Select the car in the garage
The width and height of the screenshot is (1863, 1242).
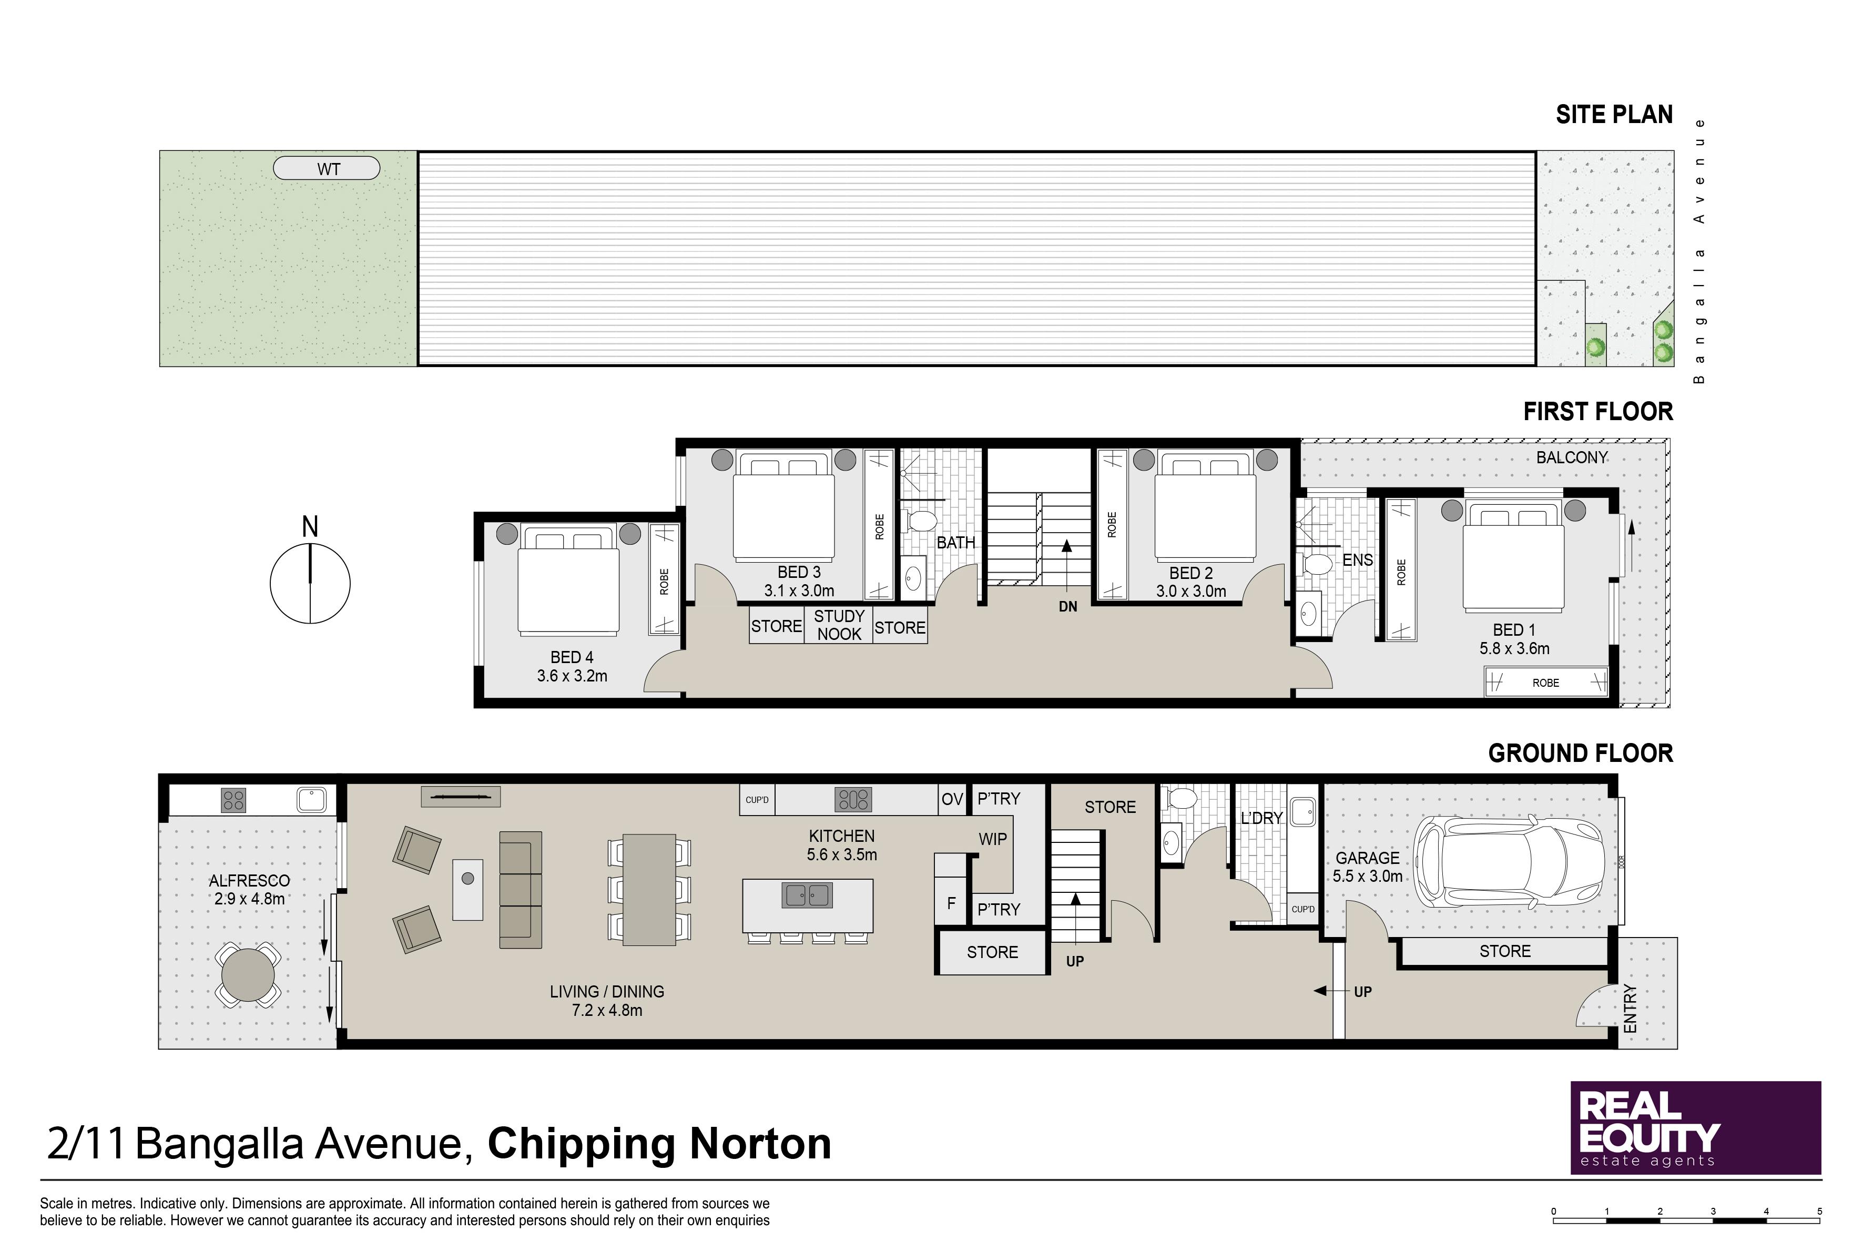tap(1509, 862)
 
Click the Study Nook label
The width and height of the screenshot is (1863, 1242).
tap(839, 625)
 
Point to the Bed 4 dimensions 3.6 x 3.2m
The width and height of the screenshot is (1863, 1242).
tap(572, 676)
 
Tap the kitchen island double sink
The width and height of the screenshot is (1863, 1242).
tap(807, 895)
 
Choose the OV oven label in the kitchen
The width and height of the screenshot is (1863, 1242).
tap(952, 799)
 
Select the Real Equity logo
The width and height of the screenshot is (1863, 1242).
tap(1696, 1128)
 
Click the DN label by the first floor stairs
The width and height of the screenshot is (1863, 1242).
tap(1068, 607)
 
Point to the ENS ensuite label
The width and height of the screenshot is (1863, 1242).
tap(1358, 560)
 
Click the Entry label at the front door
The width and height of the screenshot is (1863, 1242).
tap(1630, 1009)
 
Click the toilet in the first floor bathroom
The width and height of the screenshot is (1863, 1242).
tap(920, 521)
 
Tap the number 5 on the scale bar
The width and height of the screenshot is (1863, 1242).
tap(1819, 1211)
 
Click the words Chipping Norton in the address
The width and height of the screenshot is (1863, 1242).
tap(659, 1144)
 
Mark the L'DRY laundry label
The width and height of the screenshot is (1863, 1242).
tap(1261, 818)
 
